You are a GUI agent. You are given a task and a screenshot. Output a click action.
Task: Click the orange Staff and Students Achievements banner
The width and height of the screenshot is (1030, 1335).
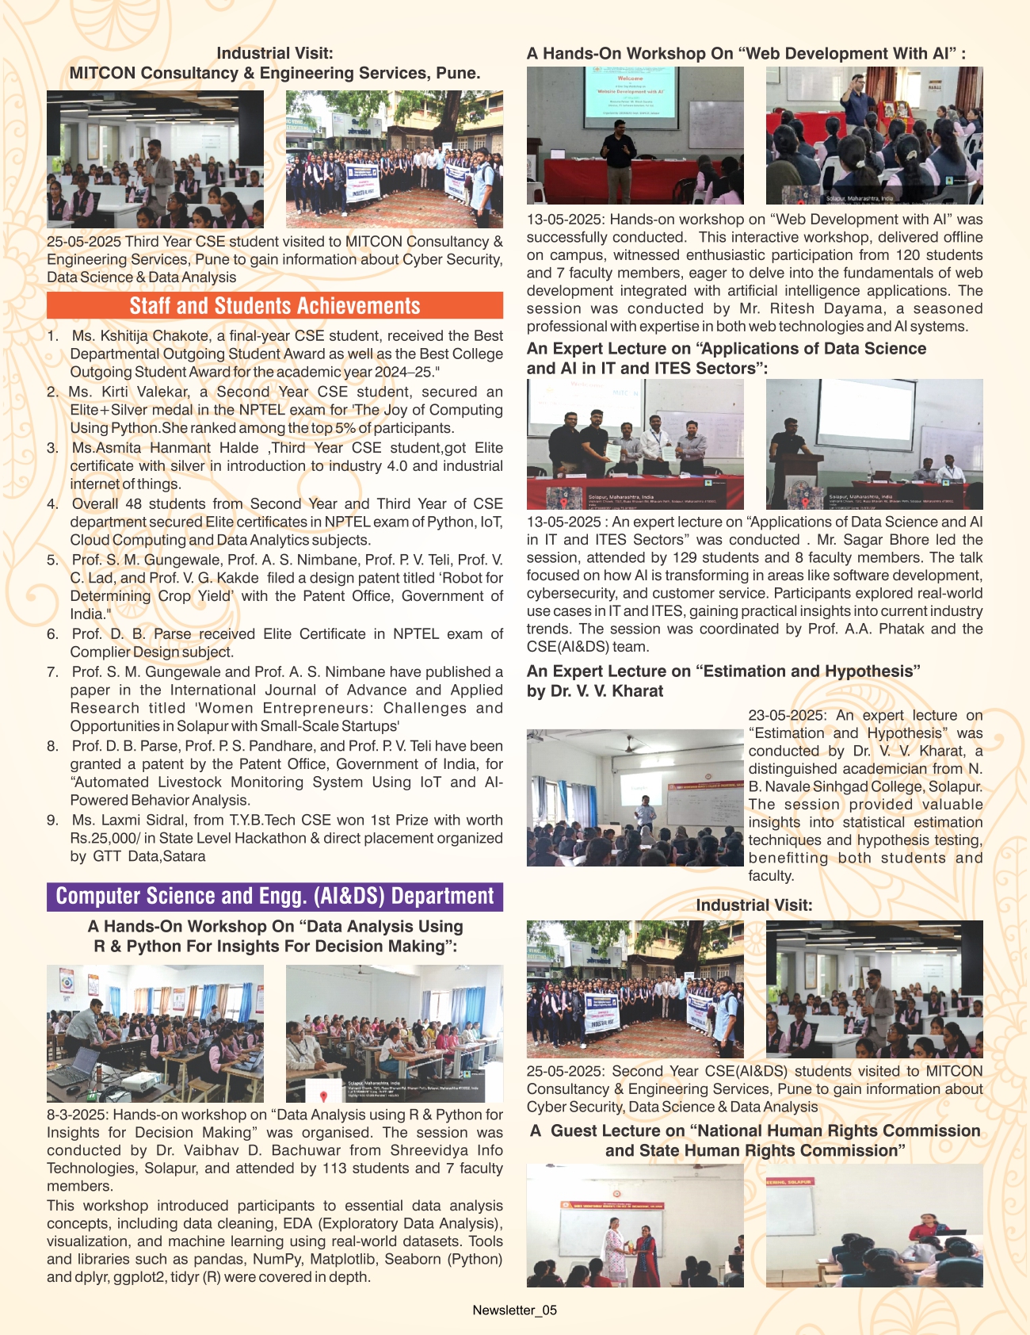274,306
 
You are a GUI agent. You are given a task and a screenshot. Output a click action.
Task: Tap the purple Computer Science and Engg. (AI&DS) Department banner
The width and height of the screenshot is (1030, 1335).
274,897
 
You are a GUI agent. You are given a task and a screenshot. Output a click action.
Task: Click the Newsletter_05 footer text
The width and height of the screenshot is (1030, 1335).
514,1310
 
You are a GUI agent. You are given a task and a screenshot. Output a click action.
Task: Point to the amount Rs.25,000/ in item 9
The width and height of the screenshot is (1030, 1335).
108,838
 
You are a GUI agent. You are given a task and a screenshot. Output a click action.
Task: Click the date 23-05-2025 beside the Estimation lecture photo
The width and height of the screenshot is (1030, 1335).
787,715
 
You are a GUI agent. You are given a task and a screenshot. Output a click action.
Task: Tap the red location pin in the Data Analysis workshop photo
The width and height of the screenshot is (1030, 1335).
323,1096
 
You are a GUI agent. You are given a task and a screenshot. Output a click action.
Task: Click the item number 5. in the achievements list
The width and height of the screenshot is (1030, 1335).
53,560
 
